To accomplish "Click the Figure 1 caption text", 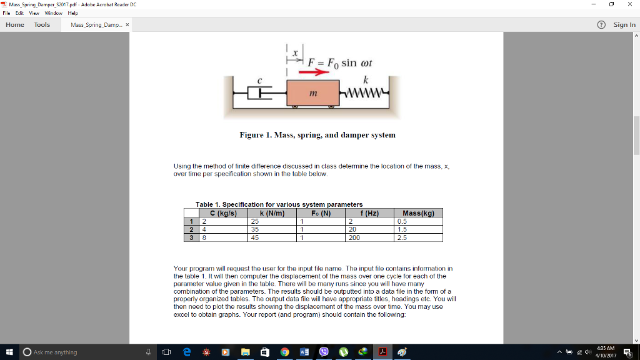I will click(x=317, y=135).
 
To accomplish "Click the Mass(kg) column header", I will click(x=418, y=213).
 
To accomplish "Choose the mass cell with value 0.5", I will click(x=418, y=221).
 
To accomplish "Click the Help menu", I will click(x=72, y=12).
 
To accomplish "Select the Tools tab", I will click(x=42, y=24).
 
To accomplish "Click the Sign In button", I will click(x=624, y=24).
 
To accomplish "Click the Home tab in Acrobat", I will click(x=15, y=24).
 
